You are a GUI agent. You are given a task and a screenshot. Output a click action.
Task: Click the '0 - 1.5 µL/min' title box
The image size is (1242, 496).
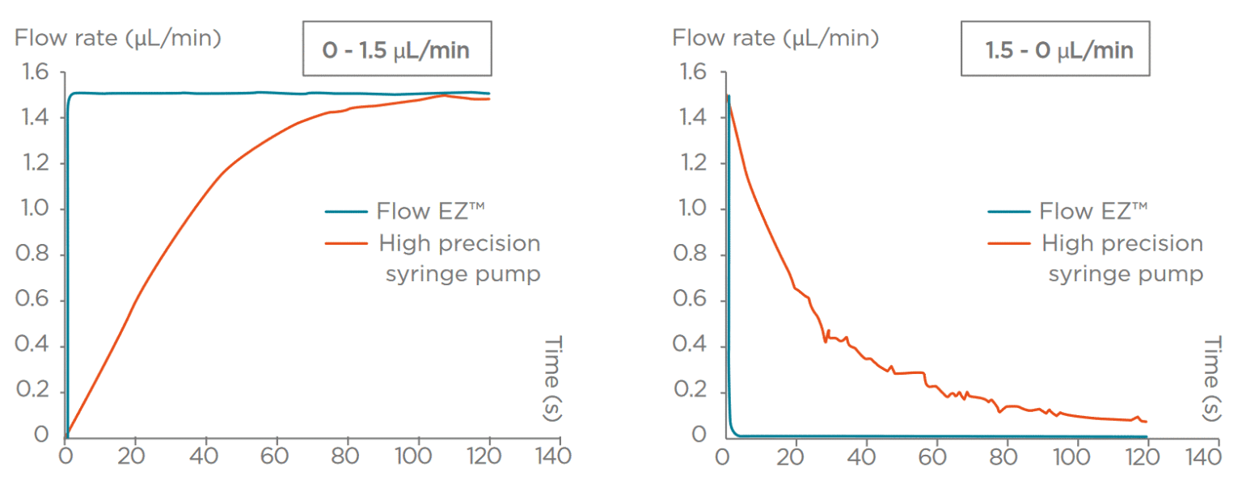click(x=396, y=49)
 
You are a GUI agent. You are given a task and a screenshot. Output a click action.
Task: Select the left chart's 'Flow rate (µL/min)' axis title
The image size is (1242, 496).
click(x=118, y=37)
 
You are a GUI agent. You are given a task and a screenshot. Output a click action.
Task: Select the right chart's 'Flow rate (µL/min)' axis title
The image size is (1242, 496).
click(x=775, y=37)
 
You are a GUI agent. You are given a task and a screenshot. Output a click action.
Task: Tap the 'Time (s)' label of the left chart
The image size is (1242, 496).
click(x=553, y=378)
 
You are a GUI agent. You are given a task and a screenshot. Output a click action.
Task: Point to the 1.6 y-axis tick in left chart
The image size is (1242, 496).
click(x=32, y=74)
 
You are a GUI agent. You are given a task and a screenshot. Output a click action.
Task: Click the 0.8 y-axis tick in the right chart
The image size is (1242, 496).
click(x=689, y=255)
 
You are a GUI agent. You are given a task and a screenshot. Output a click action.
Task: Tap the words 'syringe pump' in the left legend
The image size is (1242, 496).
click(x=463, y=275)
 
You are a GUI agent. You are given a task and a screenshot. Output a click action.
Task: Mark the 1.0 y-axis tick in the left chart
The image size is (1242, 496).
click(x=32, y=209)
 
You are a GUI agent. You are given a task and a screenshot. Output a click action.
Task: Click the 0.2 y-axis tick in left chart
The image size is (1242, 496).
click(x=32, y=391)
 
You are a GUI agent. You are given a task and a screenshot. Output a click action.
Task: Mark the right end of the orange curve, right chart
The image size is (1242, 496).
click(x=1147, y=422)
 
